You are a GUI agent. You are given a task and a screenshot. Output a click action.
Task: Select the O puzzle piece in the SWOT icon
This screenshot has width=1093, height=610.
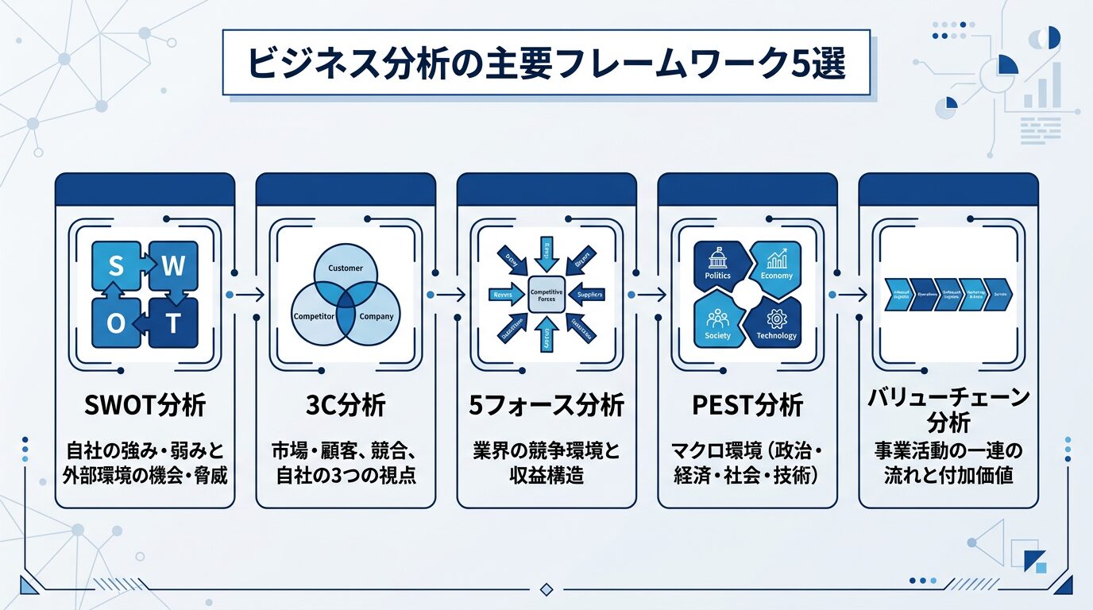pyautogui.click(x=116, y=324)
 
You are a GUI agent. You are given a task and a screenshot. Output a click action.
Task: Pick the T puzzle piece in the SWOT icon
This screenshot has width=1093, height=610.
pyautogui.click(x=174, y=324)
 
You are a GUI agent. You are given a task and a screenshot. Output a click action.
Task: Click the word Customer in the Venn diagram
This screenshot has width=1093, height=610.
pyautogui.click(x=345, y=268)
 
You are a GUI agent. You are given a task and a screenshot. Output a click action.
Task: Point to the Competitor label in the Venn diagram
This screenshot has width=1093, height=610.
pyautogui.click(x=314, y=317)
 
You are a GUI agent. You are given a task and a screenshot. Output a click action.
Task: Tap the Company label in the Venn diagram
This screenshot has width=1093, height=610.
pyautogui.click(x=377, y=317)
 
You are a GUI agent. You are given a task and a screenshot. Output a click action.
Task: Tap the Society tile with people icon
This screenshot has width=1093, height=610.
pyautogui.click(x=716, y=325)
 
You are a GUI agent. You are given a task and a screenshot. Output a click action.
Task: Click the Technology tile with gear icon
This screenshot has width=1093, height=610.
pyautogui.click(x=777, y=325)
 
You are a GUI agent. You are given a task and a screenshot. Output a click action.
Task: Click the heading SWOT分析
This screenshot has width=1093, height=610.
pyautogui.click(x=145, y=406)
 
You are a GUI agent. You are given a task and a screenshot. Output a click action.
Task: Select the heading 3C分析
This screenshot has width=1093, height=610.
pyautogui.click(x=345, y=406)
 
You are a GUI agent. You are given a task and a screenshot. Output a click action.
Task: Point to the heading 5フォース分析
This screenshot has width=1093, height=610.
pyautogui.click(x=546, y=406)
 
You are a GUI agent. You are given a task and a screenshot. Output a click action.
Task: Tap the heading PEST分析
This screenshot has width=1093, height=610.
pyautogui.click(x=747, y=406)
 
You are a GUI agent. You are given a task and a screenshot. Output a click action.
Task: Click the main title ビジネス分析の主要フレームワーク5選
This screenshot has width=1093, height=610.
pyautogui.click(x=546, y=64)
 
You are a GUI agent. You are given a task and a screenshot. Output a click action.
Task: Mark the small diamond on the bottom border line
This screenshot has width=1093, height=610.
pyautogui.click(x=546, y=589)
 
